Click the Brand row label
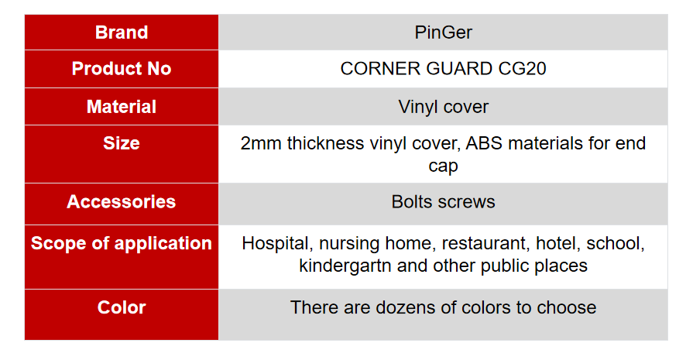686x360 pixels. [x=122, y=33]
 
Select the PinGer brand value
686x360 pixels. [x=443, y=33]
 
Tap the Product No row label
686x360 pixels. [x=122, y=69]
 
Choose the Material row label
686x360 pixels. [x=122, y=107]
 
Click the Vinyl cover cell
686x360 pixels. [x=443, y=107]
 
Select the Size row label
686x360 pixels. [x=122, y=143]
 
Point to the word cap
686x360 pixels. [x=443, y=167]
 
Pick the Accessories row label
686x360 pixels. [x=122, y=201]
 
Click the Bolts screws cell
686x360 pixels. [x=443, y=201]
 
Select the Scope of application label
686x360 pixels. [x=122, y=244]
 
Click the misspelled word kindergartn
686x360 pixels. [x=345, y=266]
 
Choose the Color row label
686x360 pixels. [x=122, y=307]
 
